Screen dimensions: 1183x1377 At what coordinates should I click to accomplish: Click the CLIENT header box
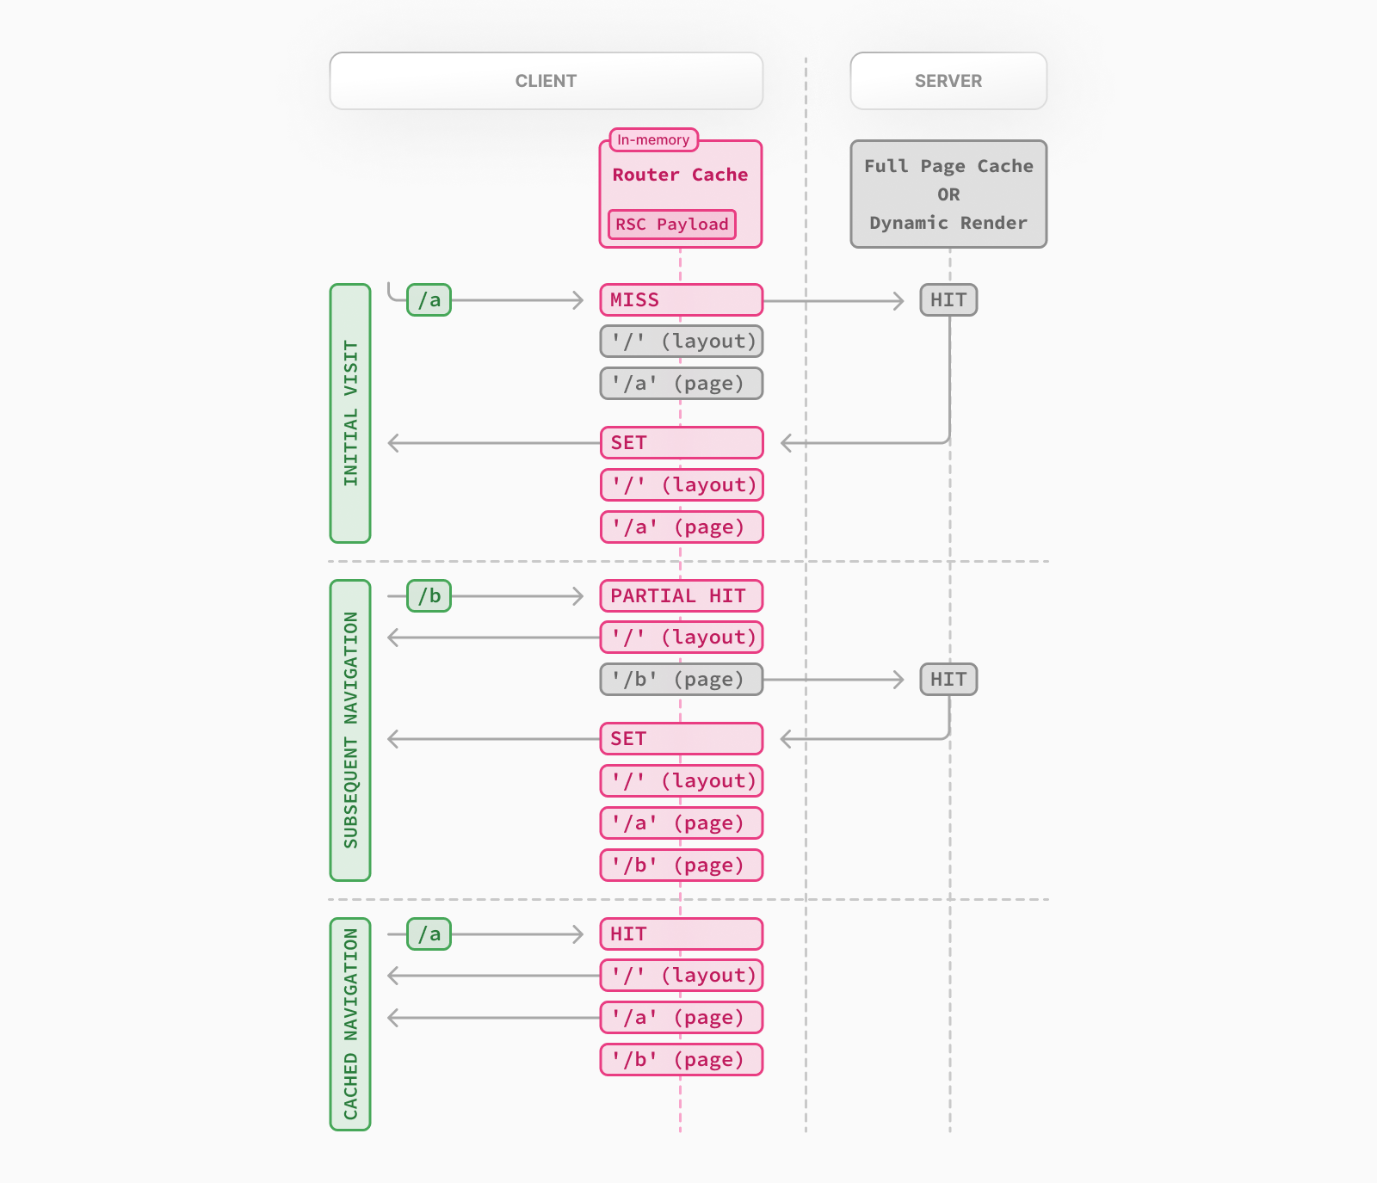(x=546, y=81)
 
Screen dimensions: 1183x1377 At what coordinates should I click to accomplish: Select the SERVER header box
(x=948, y=81)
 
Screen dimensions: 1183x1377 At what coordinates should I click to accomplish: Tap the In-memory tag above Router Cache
(x=653, y=140)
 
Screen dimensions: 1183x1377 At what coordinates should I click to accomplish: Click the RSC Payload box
(x=671, y=225)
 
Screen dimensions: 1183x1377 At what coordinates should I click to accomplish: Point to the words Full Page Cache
(x=948, y=166)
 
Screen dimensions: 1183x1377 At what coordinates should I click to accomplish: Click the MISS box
(x=681, y=300)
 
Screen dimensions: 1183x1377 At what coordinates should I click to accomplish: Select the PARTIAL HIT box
(x=681, y=595)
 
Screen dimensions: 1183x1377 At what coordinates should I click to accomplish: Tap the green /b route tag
(x=429, y=595)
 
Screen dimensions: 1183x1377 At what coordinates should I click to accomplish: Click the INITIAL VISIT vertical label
(x=350, y=413)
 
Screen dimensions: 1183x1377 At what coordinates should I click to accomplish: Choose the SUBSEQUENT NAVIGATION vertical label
(x=350, y=730)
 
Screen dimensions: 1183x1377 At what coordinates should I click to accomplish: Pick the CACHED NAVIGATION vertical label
(x=350, y=1024)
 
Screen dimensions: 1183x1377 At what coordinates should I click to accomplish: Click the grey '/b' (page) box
(x=681, y=680)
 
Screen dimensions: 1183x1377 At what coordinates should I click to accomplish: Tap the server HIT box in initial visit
(x=948, y=300)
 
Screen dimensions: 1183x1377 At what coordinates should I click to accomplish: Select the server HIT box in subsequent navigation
(x=948, y=680)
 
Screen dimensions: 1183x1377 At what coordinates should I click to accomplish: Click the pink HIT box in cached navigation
(x=681, y=933)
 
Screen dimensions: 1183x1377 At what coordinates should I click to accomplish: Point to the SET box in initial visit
(x=681, y=443)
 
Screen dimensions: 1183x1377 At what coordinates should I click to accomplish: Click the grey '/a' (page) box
(x=681, y=384)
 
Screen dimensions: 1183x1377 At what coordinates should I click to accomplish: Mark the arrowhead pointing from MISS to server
(x=898, y=300)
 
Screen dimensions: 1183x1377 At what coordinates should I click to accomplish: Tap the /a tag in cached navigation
(x=429, y=933)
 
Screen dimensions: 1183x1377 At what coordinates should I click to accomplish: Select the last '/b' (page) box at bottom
(x=681, y=1060)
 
